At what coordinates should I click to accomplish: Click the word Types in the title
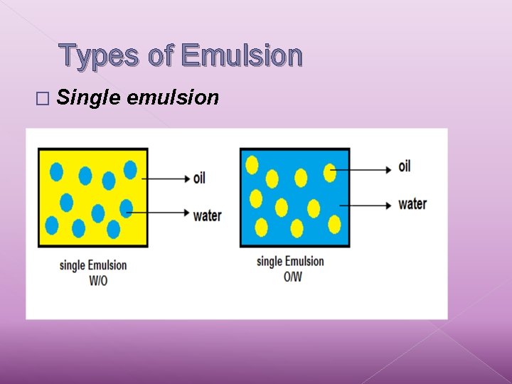tap(100, 55)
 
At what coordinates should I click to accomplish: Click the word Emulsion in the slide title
tap(242, 55)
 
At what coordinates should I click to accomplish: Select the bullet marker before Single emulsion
tap(47, 98)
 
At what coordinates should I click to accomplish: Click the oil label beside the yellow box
tap(199, 177)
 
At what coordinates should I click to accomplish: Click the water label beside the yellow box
tap(207, 215)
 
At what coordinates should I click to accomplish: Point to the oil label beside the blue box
tap(405, 166)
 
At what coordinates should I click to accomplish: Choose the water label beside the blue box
tap(412, 204)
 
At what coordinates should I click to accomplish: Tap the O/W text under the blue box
tap(292, 276)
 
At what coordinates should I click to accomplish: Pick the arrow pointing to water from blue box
tap(366, 205)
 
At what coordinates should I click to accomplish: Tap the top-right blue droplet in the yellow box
tap(130, 169)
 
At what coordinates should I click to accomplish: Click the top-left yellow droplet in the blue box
tap(252, 164)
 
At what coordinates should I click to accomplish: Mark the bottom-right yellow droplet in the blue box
tap(334, 225)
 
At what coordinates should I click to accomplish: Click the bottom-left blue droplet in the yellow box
tap(52, 225)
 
